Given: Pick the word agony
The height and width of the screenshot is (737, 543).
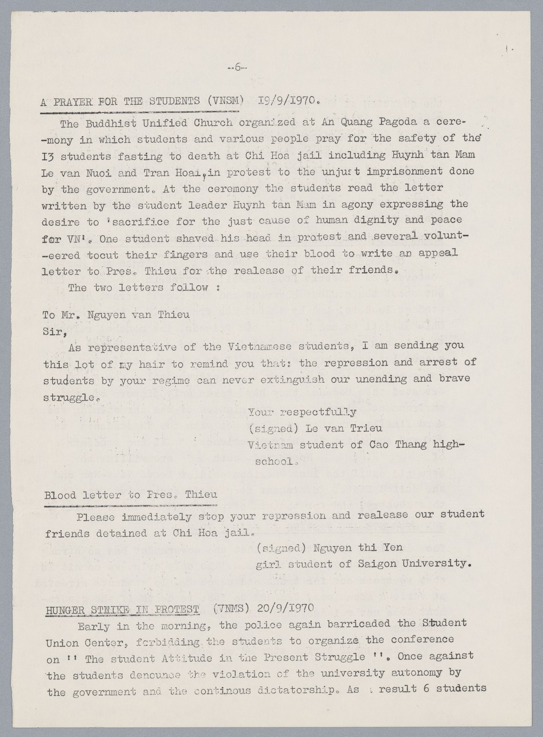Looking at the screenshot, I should (348, 204).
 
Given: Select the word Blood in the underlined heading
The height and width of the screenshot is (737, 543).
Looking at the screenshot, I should (60, 495).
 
